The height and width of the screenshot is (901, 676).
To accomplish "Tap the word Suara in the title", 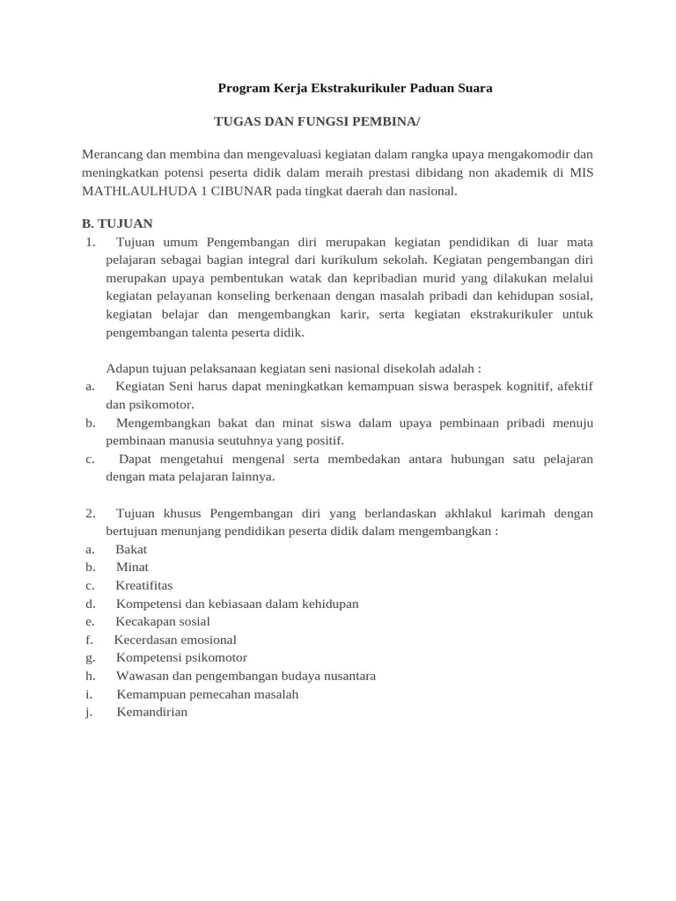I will click(473, 88).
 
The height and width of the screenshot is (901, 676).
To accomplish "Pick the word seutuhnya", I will click(239, 440).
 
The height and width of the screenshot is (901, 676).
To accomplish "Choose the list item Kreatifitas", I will click(144, 585).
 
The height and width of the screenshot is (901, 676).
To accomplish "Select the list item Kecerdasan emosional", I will click(175, 640).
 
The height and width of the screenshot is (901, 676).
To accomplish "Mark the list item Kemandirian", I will click(151, 712).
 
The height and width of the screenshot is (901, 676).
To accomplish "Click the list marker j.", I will click(89, 712).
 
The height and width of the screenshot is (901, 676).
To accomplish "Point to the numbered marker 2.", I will click(90, 513).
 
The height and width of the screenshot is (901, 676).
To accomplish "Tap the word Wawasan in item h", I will click(141, 676).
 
